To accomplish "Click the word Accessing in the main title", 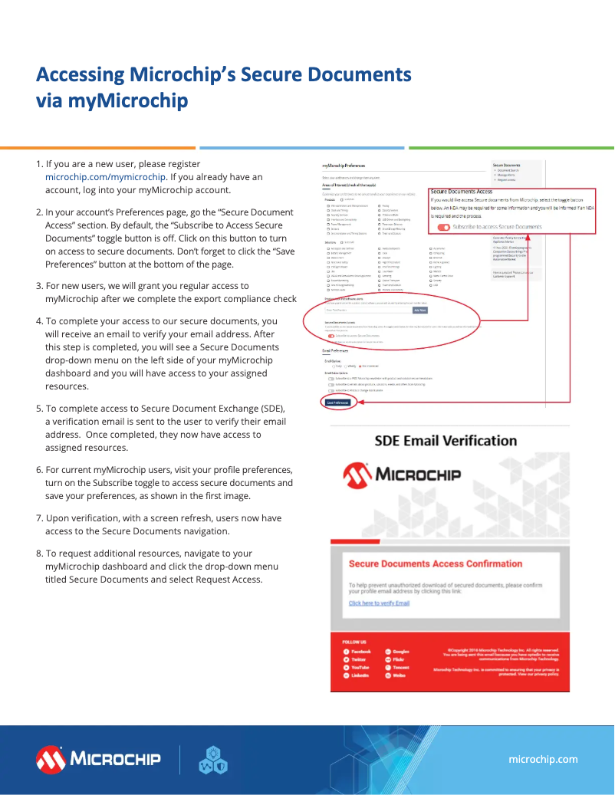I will pyautogui.click(x=78, y=75).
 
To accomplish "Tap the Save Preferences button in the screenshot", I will pyautogui.click(x=337, y=402).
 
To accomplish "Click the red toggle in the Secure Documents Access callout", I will pyautogui.click(x=444, y=227).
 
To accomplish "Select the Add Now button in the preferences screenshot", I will pyautogui.click(x=419, y=310).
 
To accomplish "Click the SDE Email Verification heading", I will pyautogui.click(x=446, y=441).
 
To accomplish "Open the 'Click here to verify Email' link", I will pyautogui.click(x=379, y=603).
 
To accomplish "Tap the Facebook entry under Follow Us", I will pyautogui.click(x=357, y=651).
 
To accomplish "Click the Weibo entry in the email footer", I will pyautogui.click(x=396, y=675).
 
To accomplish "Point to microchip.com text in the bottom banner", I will pyautogui.click(x=543, y=759).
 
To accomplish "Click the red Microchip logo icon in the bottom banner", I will pyautogui.click(x=51, y=759).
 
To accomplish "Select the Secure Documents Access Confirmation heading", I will pyautogui.click(x=435, y=564).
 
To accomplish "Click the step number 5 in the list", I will pyautogui.click(x=39, y=409).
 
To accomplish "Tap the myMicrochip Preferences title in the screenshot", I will pyautogui.click(x=344, y=166).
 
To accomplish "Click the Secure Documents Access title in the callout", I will pyautogui.click(x=461, y=192).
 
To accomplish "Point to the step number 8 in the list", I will pyautogui.click(x=39, y=554).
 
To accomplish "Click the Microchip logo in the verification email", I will pyautogui.click(x=402, y=475).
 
